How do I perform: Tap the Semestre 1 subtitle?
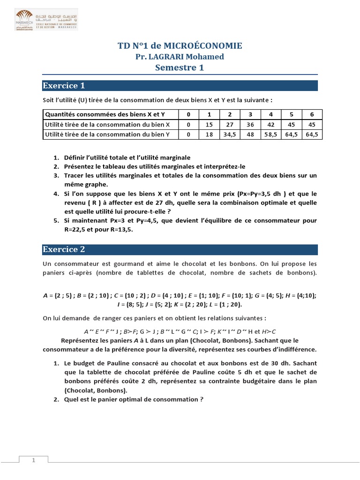(x=180, y=68)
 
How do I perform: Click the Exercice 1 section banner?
(x=180, y=86)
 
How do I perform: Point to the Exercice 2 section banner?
(x=180, y=249)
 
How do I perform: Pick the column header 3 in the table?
(x=250, y=114)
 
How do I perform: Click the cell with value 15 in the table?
(x=210, y=124)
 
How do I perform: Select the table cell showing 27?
(x=230, y=124)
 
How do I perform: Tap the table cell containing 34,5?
(x=230, y=134)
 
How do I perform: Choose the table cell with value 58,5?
(x=270, y=134)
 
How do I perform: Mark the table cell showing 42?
(x=270, y=124)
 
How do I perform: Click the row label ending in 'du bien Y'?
(x=107, y=134)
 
